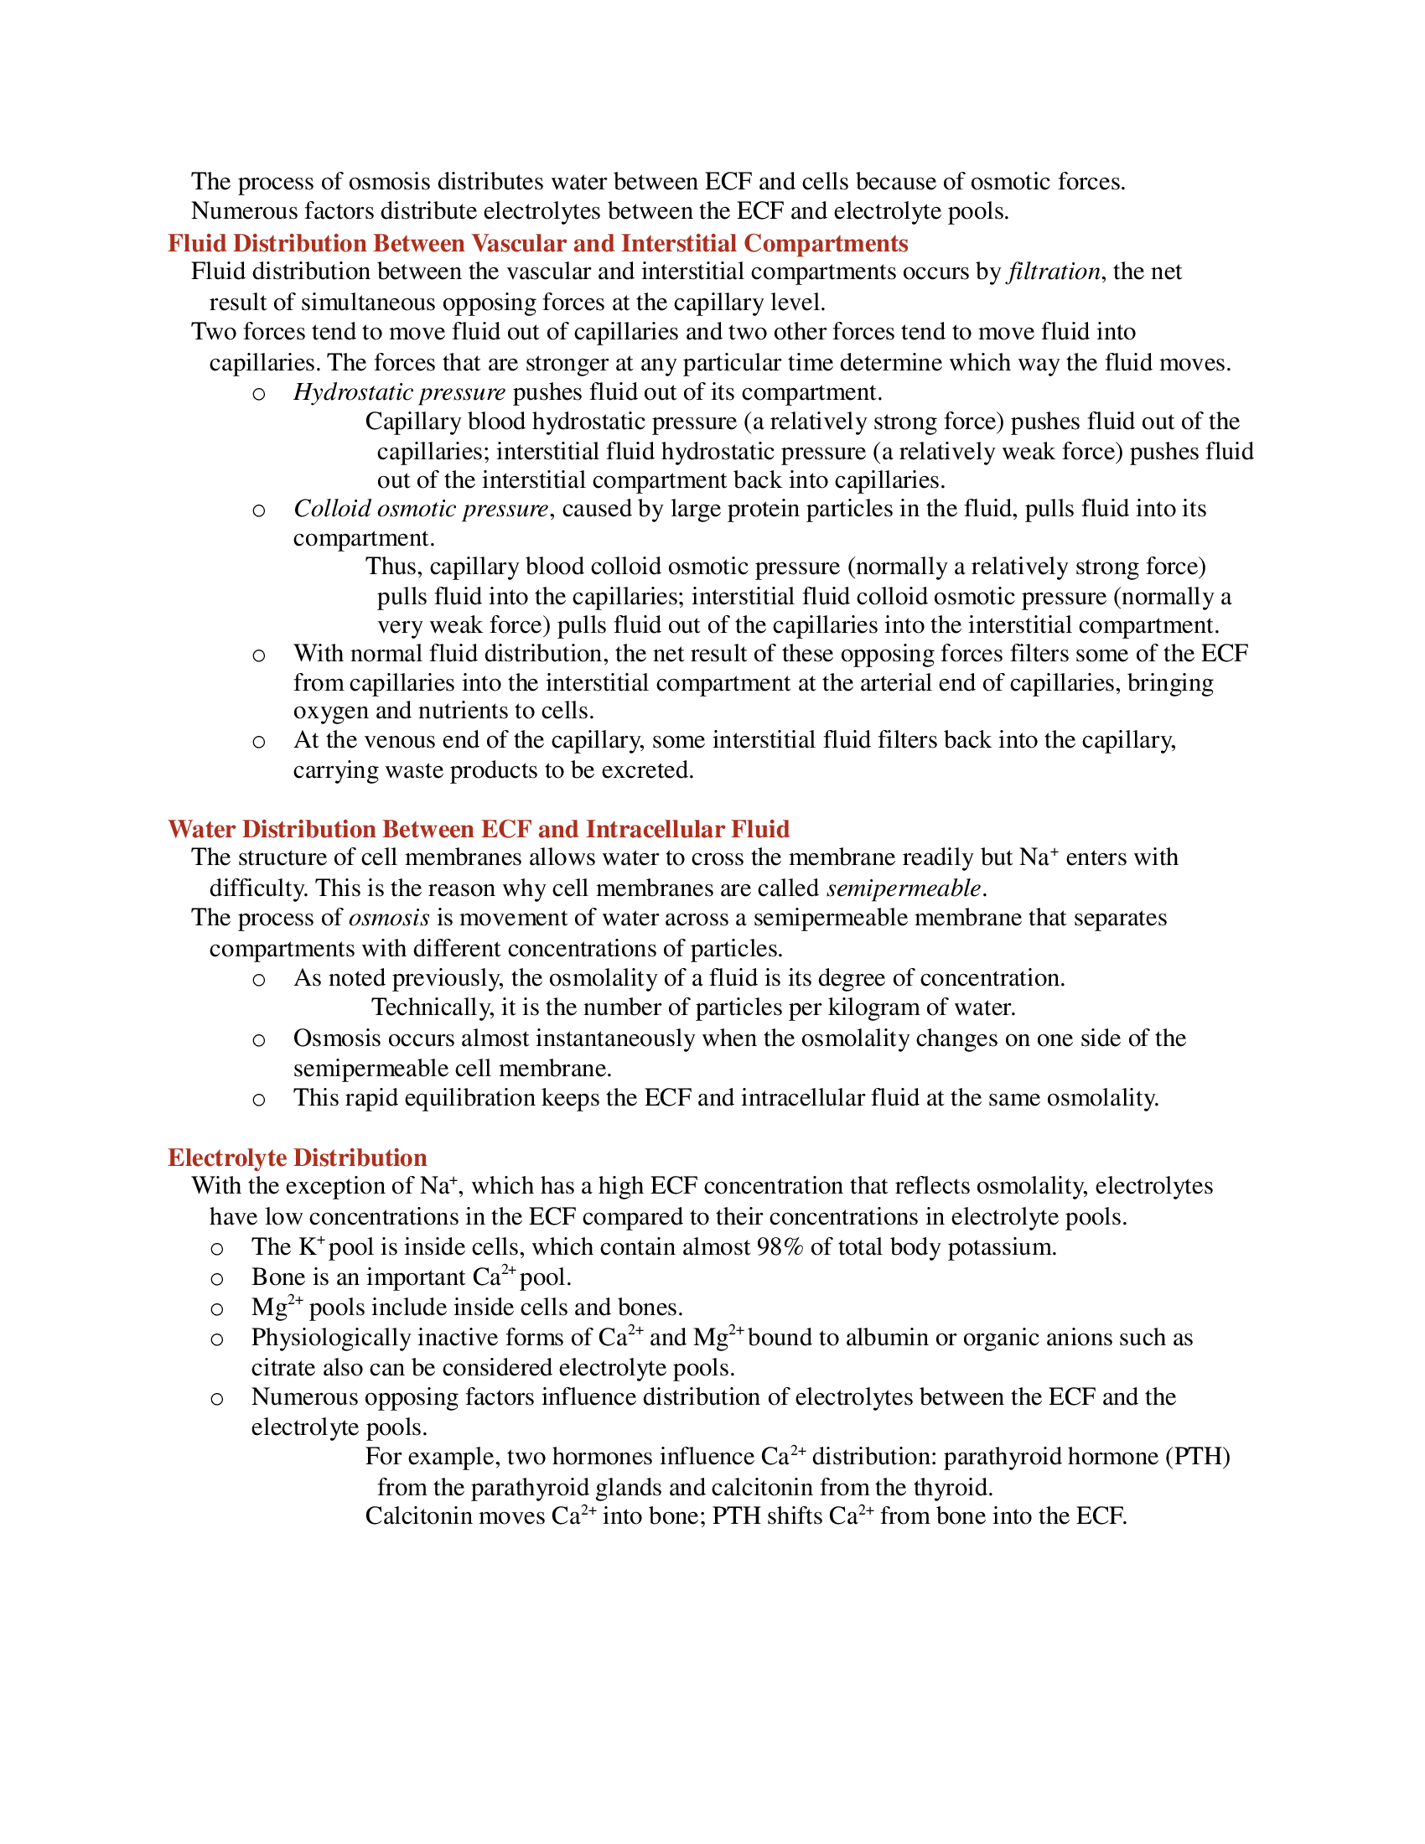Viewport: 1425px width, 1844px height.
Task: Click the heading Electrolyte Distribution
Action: [298, 1158]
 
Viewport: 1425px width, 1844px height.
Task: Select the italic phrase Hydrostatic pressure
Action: [399, 392]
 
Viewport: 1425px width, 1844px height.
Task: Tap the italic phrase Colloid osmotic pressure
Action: [422, 509]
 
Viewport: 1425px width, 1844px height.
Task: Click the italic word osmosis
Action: [389, 918]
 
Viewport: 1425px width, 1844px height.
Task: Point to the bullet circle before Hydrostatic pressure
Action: [259, 394]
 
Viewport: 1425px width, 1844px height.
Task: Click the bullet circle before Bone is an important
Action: [217, 1279]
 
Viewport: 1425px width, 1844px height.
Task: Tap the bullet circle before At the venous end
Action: [259, 742]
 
